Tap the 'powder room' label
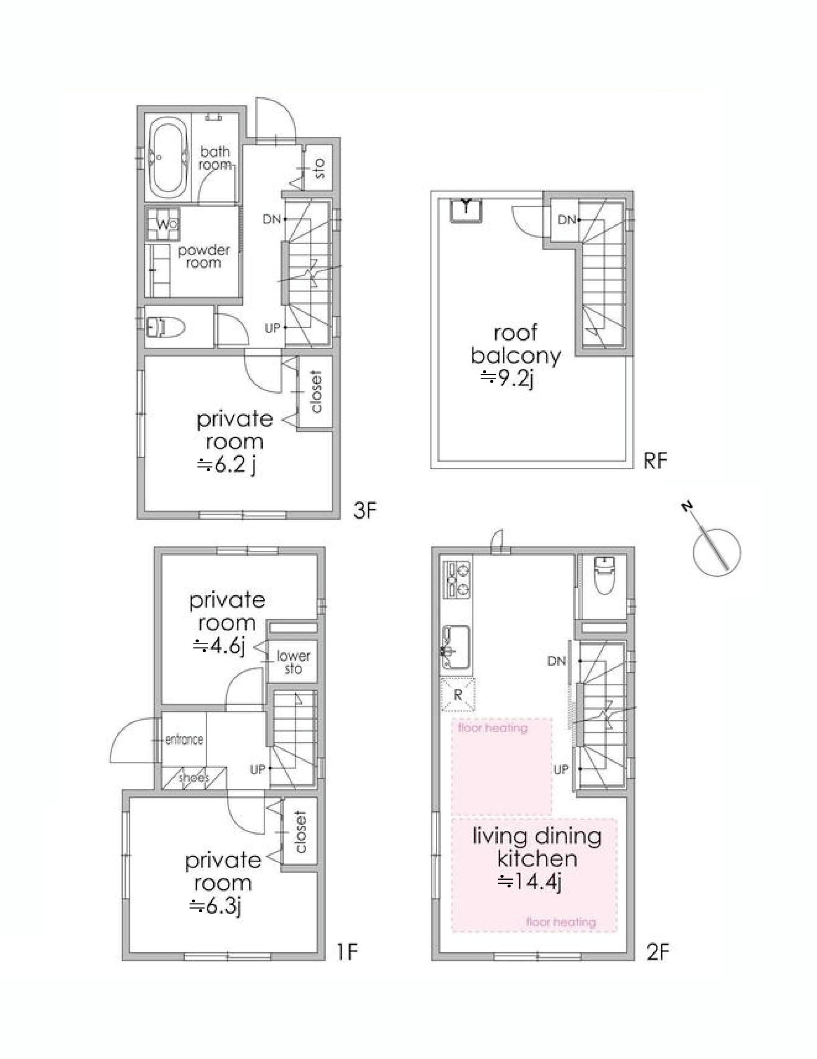pyautogui.click(x=204, y=257)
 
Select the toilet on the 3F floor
pyautogui.click(x=165, y=328)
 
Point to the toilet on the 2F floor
pyautogui.click(x=605, y=575)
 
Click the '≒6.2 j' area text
pyautogui.click(x=226, y=466)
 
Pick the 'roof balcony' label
pyautogui.click(x=515, y=345)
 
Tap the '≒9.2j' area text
pyautogui.click(x=507, y=377)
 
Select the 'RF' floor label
pyautogui.click(x=656, y=461)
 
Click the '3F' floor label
pyautogui.click(x=365, y=511)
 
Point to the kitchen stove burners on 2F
pyautogui.click(x=457, y=579)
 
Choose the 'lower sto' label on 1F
pyautogui.click(x=294, y=663)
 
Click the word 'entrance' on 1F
pyautogui.click(x=184, y=740)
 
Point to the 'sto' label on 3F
pyautogui.click(x=320, y=168)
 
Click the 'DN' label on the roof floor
pyautogui.click(x=567, y=220)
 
